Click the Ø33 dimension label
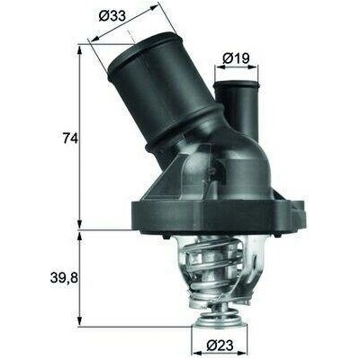point(112,17)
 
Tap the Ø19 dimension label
point(237,58)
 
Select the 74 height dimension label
point(70,138)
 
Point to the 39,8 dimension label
point(64,278)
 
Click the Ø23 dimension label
point(220,346)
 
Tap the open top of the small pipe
point(236,84)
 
